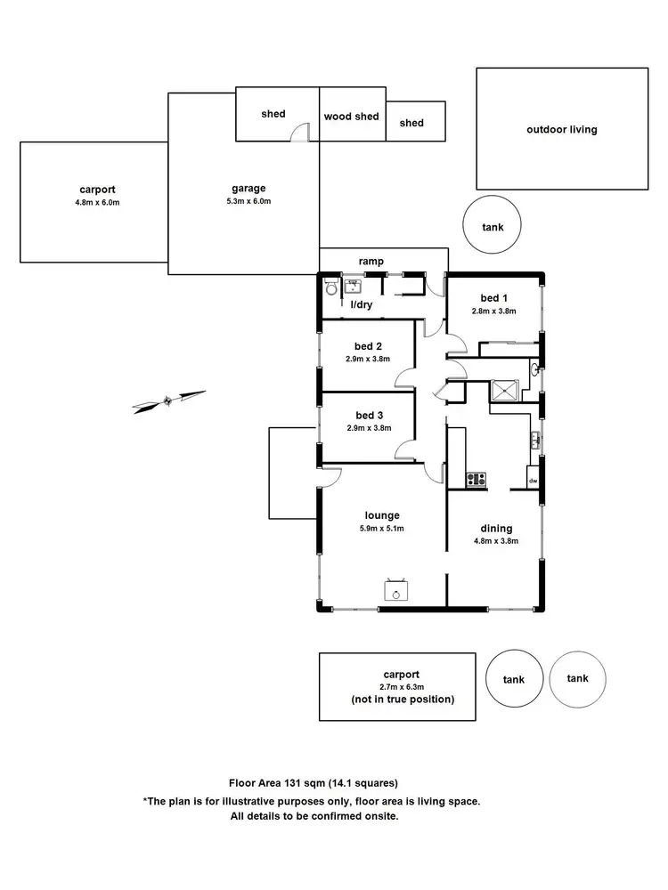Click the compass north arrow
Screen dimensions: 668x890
tap(169, 400)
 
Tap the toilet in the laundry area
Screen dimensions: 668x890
tap(331, 287)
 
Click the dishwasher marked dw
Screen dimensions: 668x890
tap(534, 481)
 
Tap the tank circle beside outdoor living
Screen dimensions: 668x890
tap(493, 227)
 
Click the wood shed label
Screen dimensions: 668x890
tap(352, 117)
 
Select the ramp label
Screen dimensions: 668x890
tap(371, 261)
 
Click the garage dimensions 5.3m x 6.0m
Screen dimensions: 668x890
tap(249, 201)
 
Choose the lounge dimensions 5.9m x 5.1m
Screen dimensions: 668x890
tap(381, 529)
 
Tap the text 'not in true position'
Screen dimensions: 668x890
tap(403, 700)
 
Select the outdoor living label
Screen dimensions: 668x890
tap(562, 129)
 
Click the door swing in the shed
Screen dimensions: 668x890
tap(302, 133)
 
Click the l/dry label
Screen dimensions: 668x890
tap(362, 304)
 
